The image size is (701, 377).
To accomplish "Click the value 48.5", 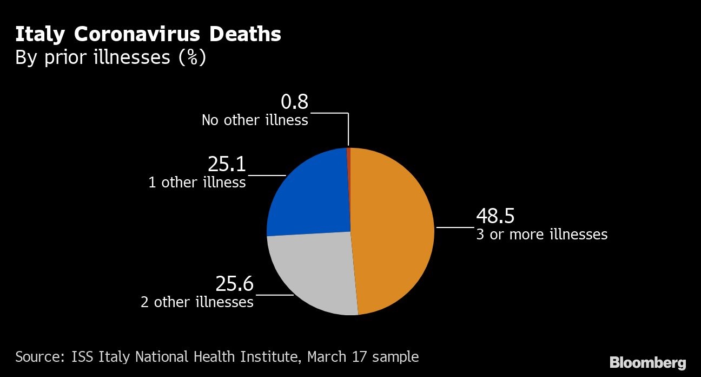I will (495, 216).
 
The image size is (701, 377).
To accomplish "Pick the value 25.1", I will (227, 165).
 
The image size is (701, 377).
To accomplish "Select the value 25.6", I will (234, 284).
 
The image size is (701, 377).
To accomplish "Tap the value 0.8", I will (294, 102).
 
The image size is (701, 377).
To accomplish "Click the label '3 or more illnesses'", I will (541, 235).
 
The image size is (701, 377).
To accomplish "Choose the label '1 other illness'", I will (197, 183).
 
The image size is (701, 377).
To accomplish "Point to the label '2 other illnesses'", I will (197, 302).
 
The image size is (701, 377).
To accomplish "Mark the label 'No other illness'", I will (255, 120).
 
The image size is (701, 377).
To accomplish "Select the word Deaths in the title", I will (245, 35).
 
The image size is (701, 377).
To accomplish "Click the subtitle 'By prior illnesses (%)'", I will (110, 57).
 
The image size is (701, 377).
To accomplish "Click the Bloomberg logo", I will (648, 362).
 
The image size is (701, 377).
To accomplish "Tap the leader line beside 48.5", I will (455, 227).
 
